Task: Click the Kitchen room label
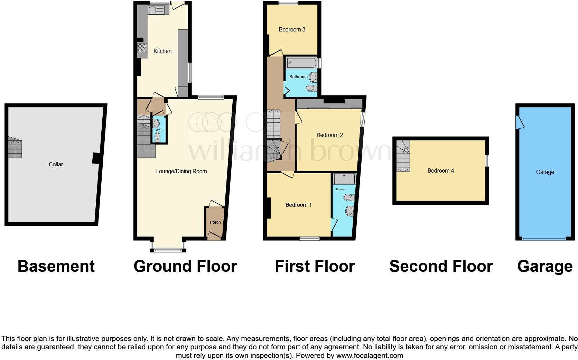[x=162, y=51]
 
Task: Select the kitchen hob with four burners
[x=142, y=50]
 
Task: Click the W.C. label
[x=159, y=130]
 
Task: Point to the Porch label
[x=215, y=222]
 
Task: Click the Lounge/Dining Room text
[x=181, y=171]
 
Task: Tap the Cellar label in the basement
[x=56, y=164]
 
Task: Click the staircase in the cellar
[x=15, y=148]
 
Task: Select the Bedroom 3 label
[x=292, y=29]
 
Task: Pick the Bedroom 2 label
[x=329, y=135]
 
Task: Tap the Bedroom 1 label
[x=298, y=205]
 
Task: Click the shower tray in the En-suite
[x=344, y=179]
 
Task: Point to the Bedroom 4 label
[x=440, y=170]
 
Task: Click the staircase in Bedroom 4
[x=403, y=156]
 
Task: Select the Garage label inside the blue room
[x=545, y=172]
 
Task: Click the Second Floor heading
[x=441, y=266]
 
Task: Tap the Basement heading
[x=56, y=266]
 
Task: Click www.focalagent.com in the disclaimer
[x=369, y=355]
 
